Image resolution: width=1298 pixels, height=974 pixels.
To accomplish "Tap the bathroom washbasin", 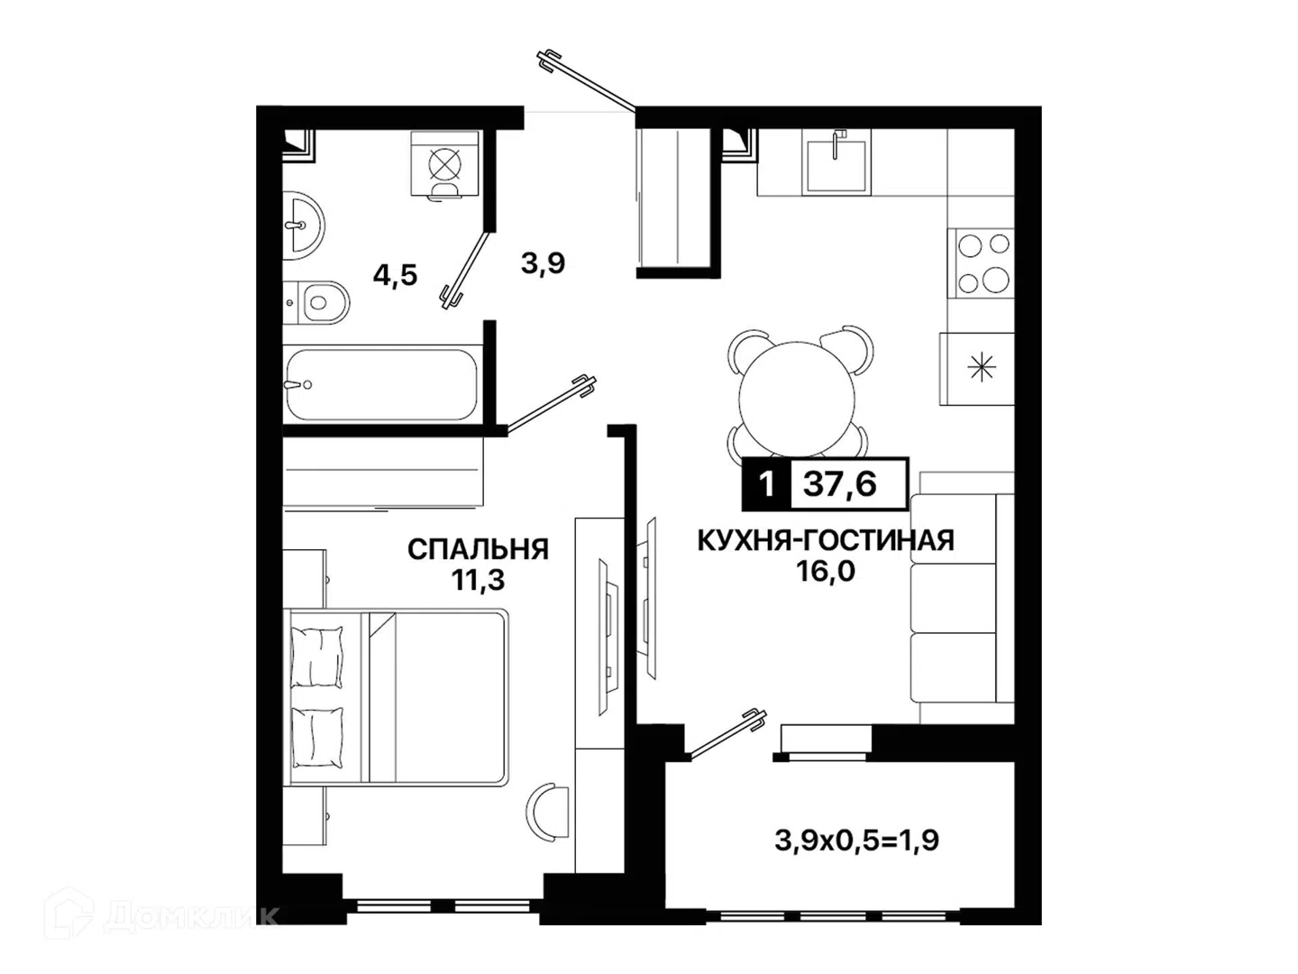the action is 303,225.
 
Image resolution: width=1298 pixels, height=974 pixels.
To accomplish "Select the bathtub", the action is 381,384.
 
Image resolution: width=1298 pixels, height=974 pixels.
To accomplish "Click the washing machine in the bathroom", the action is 444,164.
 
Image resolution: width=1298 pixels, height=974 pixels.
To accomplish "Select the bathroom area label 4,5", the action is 395,275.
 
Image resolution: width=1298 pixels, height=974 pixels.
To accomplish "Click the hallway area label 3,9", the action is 543,263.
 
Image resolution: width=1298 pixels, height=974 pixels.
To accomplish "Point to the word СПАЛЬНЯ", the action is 478,549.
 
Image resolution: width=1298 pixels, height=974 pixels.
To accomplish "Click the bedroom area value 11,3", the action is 478,581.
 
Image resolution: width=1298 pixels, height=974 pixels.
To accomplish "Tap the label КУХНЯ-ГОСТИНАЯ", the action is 826,540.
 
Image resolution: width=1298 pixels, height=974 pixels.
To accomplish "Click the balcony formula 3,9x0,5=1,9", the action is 857,840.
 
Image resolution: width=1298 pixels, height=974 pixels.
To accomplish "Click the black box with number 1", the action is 766,484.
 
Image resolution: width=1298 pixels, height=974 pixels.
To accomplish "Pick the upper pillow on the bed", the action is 317,657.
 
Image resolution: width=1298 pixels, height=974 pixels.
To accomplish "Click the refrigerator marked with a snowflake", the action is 977,369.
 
